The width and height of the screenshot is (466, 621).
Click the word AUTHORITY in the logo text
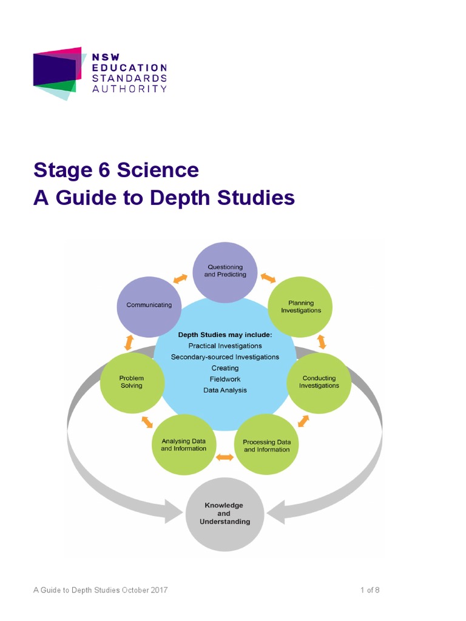coord(129,89)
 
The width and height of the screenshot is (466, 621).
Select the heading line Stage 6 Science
coord(116,170)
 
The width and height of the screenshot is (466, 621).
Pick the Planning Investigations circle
coord(301,307)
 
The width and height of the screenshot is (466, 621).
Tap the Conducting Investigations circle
coord(319,382)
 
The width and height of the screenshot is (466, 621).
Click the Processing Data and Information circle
coord(266,446)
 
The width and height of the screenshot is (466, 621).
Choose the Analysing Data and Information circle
coord(183,445)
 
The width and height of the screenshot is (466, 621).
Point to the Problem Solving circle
coord(132,382)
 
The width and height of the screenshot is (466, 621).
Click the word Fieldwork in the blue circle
coord(225,379)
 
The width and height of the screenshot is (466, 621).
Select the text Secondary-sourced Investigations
coord(225,357)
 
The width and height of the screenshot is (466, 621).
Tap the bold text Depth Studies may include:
coord(225,334)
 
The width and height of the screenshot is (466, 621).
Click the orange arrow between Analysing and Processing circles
coord(225,457)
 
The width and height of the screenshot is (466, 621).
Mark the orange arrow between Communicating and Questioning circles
coord(180,278)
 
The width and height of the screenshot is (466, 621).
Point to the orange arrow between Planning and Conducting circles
coord(322,341)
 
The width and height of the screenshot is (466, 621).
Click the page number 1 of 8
coord(370,590)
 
